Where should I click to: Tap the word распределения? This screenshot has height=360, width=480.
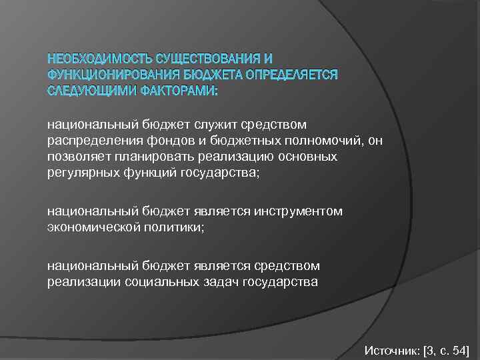pos(88,140)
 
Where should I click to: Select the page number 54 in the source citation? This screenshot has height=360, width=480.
pos(459,350)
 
